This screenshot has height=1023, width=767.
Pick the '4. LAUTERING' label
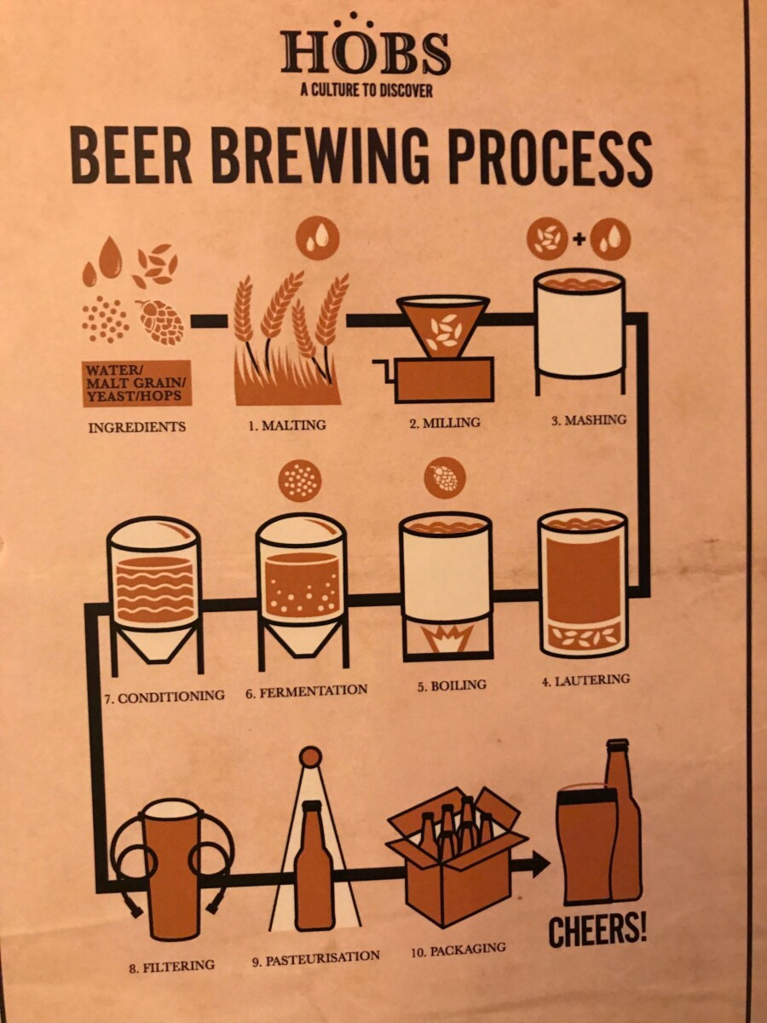(586, 679)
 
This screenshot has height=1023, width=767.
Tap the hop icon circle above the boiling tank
(444, 477)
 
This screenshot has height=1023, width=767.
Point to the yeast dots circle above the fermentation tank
(299, 482)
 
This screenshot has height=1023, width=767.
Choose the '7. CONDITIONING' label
(164, 696)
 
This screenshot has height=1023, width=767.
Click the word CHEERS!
(597, 931)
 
